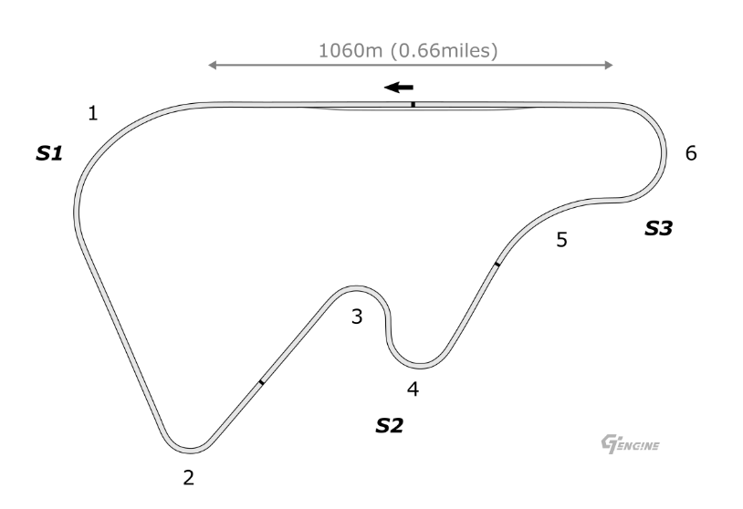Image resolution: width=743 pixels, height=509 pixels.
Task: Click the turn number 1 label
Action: [93, 114]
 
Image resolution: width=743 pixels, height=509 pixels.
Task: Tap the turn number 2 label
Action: [189, 478]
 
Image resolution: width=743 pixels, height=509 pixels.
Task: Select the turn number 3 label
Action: [357, 317]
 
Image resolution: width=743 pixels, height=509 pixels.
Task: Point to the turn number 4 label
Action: [413, 390]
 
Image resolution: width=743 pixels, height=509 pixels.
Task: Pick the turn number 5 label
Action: [561, 240]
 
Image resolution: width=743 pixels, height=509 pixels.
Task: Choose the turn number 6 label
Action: [691, 153]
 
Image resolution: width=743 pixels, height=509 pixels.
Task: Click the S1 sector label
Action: [49, 153]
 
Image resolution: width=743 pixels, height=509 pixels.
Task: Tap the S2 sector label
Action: [390, 426]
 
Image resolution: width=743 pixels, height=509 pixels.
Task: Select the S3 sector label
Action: [659, 229]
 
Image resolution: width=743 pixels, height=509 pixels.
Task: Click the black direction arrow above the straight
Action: [399, 88]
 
